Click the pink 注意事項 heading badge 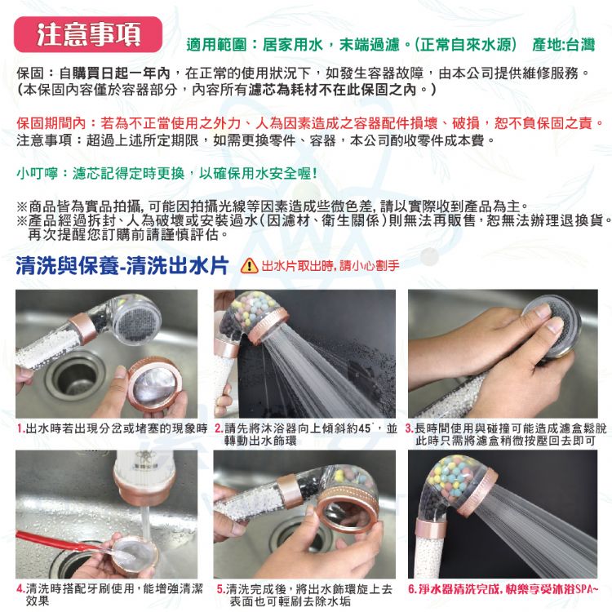coord(88,34)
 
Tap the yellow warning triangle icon coord(249,266)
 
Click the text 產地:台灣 coord(563,45)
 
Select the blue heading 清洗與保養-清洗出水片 coord(122,266)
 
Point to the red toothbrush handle coord(51,540)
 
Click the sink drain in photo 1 coord(75,377)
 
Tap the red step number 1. coord(21,428)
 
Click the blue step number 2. coord(219,428)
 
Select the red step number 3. coord(410,428)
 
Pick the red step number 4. coord(21,588)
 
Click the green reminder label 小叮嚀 coord(37,173)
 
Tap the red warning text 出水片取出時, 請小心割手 coord(330,266)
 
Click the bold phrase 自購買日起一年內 coord(114,73)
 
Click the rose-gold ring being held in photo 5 coord(348,516)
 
